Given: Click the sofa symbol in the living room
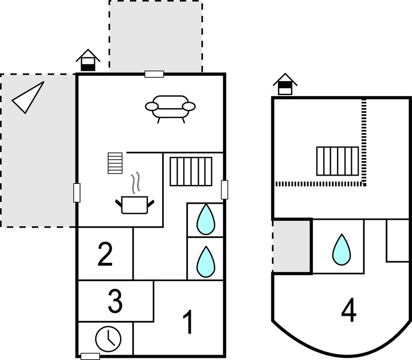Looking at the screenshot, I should click(170, 108).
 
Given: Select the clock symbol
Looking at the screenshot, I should click(108, 338).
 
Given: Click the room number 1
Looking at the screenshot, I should click(188, 322).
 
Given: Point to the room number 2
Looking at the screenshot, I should click(105, 255).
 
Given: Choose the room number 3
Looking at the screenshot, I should click(115, 301).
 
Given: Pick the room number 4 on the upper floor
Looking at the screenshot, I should click(348, 311).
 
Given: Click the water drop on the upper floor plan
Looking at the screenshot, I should click(340, 250).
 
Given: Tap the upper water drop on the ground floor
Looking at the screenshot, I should click(206, 219).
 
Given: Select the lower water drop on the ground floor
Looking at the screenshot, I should click(206, 261).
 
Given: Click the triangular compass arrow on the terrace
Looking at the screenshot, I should click(28, 98).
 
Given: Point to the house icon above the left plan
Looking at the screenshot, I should click(88, 60).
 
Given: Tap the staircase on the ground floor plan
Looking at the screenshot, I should click(191, 171).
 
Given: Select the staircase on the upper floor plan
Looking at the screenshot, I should click(338, 161).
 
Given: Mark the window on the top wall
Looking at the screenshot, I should click(154, 74).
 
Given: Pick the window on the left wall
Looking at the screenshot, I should click(77, 193).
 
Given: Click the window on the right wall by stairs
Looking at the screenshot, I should click(224, 189).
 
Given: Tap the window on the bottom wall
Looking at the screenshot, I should click(90, 356).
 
